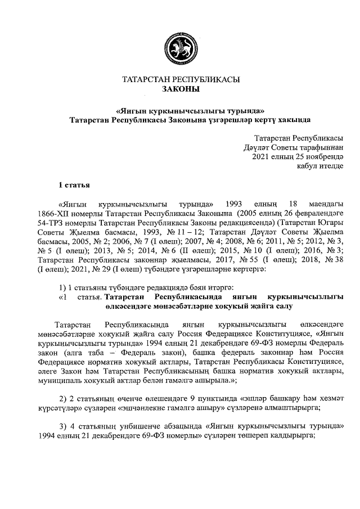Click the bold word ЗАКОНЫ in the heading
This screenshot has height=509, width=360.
180,89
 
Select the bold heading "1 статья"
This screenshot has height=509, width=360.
74,185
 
